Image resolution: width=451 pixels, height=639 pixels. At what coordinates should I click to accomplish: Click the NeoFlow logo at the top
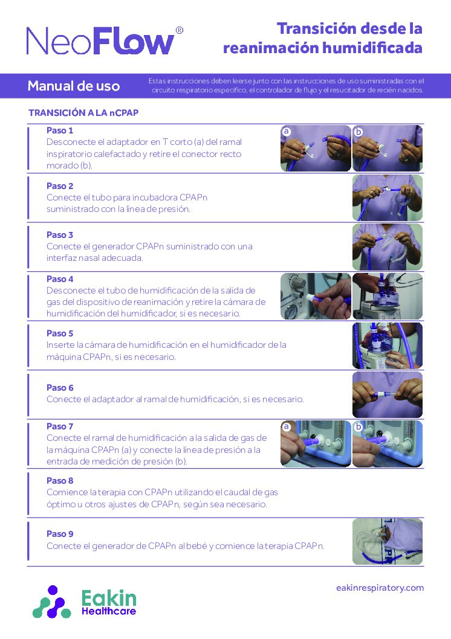point(100,41)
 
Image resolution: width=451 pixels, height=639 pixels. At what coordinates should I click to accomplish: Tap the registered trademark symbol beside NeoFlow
point(179,30)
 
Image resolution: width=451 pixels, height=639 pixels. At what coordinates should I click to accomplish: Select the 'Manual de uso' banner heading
point(74,86)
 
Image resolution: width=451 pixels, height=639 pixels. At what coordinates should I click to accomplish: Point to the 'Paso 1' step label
point(60,130)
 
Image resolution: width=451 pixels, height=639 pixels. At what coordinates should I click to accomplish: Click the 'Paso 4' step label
point(60,279)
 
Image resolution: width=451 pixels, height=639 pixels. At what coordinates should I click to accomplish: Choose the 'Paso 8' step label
point(60,481)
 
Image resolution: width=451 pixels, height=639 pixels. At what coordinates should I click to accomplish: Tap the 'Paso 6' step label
point(60,388)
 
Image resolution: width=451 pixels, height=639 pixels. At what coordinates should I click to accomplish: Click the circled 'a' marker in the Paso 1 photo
point(287,130)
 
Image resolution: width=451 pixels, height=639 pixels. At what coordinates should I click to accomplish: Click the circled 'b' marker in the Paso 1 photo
point(359,130)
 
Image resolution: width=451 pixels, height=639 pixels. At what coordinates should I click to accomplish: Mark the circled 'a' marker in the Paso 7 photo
point(287,426)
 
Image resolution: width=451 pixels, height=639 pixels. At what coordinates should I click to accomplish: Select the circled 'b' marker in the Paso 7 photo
point(359,426)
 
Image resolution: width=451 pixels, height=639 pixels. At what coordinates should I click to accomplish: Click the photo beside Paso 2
point(387,197)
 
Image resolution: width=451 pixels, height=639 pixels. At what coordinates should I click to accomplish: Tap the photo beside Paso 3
point(387,246)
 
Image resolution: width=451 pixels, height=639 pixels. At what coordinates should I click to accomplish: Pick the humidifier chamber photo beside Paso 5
point(387,345)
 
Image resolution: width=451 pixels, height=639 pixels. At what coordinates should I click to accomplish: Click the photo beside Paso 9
point(387,541)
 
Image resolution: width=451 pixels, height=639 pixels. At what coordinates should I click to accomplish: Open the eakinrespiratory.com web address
point(380,588)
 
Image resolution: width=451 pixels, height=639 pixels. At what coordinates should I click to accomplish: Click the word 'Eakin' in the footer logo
point(109,599)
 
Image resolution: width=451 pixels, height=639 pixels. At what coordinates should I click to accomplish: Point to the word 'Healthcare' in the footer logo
point(109,611)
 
